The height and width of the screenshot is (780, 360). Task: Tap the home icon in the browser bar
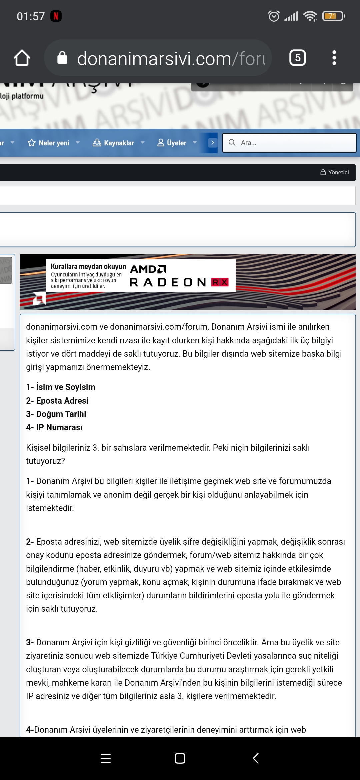22,58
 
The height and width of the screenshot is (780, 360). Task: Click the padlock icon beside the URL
62,58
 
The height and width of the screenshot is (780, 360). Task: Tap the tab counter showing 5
297,58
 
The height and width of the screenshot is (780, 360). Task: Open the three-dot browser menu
334,58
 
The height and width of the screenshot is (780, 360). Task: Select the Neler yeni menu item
54,143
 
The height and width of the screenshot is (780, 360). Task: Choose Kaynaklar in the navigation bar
119,143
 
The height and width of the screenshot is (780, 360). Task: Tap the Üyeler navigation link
176,143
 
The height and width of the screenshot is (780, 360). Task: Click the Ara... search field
293,143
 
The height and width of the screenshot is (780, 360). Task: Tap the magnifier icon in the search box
232,143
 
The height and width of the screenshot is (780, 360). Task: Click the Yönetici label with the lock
335,172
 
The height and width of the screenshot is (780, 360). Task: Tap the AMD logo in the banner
148,269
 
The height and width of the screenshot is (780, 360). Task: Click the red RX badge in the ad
220,282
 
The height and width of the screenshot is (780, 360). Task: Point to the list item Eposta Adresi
57,401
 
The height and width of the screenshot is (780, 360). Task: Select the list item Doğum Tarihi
56,414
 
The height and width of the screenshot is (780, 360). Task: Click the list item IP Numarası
54,427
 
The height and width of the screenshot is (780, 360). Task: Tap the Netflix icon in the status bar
56,16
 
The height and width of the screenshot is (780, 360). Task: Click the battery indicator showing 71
333,16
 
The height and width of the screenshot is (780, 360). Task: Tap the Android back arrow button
256,758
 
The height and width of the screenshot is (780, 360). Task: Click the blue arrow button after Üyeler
212,143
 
